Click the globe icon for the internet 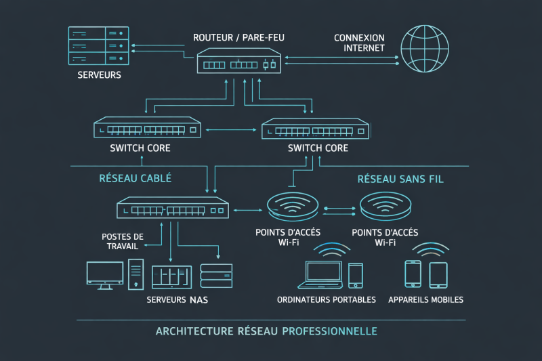(x=425, y=49)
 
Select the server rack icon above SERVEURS (x=98, y=46)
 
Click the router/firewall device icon (x=238, y=62)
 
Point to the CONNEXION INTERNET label (x=359, y=43)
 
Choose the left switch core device (x=148, y=127)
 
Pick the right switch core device (x=315, y=129)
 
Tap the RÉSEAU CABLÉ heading (x=135, y=178)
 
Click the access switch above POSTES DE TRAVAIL (x=173, y=208)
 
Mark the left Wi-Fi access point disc (x=293, y=205)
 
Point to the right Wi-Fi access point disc (x=385, y=205)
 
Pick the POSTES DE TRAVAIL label (x=122, y=241)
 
